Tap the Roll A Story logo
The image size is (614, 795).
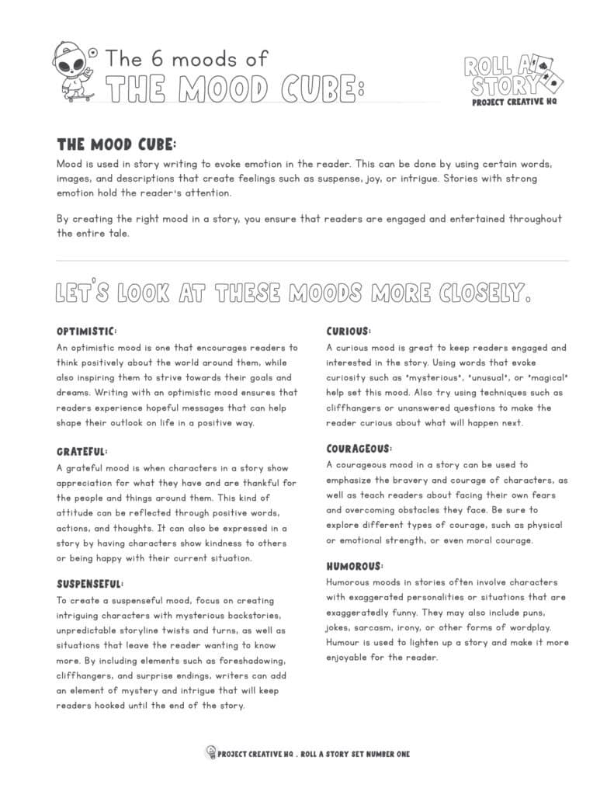[x=513, y=78]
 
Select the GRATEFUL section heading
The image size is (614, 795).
[x=82, y=451]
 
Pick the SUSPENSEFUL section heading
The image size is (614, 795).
[x=91, y=584]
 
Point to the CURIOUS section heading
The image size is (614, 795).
[x=349, y=332]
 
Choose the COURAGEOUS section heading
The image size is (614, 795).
[x=359, y=449]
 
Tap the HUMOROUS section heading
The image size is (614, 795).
[x=355, y=566]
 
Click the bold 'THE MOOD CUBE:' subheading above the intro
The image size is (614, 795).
[x=116, y=146]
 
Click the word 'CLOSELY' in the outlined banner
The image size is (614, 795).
[x=481, y=293]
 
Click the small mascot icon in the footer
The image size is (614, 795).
[x=210, y=752]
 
